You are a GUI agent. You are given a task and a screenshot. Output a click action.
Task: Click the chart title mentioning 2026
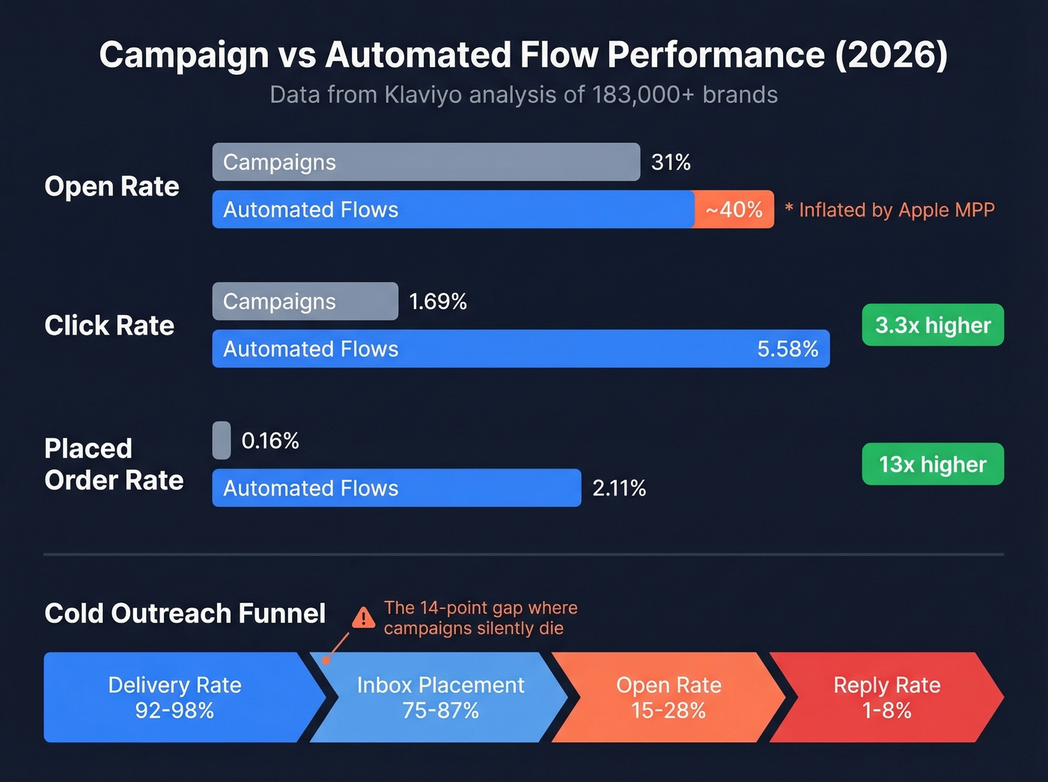[523, 55]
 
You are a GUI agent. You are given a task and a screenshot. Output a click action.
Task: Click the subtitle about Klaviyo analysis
[523, 95]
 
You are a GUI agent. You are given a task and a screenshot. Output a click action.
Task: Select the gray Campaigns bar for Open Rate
[426, 162]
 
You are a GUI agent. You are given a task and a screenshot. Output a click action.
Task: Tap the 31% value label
[671, 162]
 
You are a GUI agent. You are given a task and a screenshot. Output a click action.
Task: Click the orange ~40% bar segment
[734, 210]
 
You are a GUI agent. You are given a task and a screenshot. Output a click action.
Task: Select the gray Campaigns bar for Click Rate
[305, 302]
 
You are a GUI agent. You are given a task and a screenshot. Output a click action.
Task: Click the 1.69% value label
[438, 302]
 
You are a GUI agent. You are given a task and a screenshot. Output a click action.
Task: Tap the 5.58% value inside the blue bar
[787, 349]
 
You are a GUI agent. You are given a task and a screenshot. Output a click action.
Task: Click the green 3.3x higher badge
[933, 325]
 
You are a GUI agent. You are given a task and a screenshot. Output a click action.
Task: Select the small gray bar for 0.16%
[222, 441]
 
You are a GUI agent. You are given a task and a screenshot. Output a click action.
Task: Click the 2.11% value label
[619, 489]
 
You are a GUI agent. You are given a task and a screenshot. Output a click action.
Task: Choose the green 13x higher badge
[933, 465]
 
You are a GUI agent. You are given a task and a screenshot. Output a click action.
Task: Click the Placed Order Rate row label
[114, 464]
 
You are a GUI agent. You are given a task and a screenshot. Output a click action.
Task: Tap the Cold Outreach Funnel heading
[185, 614]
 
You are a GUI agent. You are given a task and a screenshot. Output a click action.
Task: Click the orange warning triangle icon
[364, 618]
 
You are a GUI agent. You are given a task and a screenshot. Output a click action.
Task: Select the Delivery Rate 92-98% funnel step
[174, 697]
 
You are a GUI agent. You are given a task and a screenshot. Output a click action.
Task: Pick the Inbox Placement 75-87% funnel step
[440, 697]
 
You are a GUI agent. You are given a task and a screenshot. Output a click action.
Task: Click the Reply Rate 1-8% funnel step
[886, 697]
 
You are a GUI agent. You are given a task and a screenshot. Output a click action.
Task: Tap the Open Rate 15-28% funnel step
[668, 697]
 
